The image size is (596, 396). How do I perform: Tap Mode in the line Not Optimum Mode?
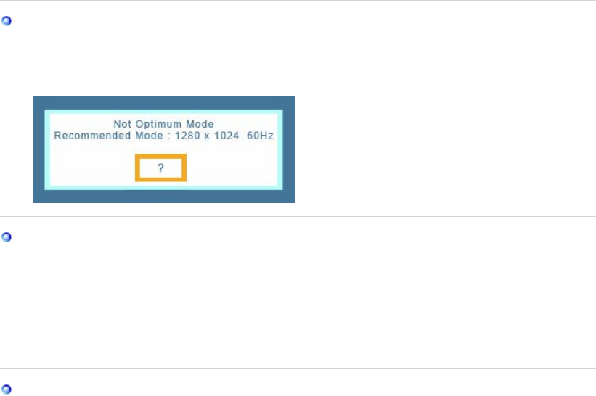pyautogui.click(x=198, y=125)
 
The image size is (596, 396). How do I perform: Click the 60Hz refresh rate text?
pyautogui.click(x=261, y=136)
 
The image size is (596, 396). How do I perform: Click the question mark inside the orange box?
pyautogui.click(x=161, y=168)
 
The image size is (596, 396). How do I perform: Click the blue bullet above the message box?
pyautogui.click(x=7, y=21)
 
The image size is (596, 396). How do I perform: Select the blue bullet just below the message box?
pyautogui.click(x=7, y=236)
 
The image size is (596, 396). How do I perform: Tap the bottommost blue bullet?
pyautogui.click(x=7, y=389)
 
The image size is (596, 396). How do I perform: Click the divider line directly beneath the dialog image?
pyautogui.click(x=298, y=216)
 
